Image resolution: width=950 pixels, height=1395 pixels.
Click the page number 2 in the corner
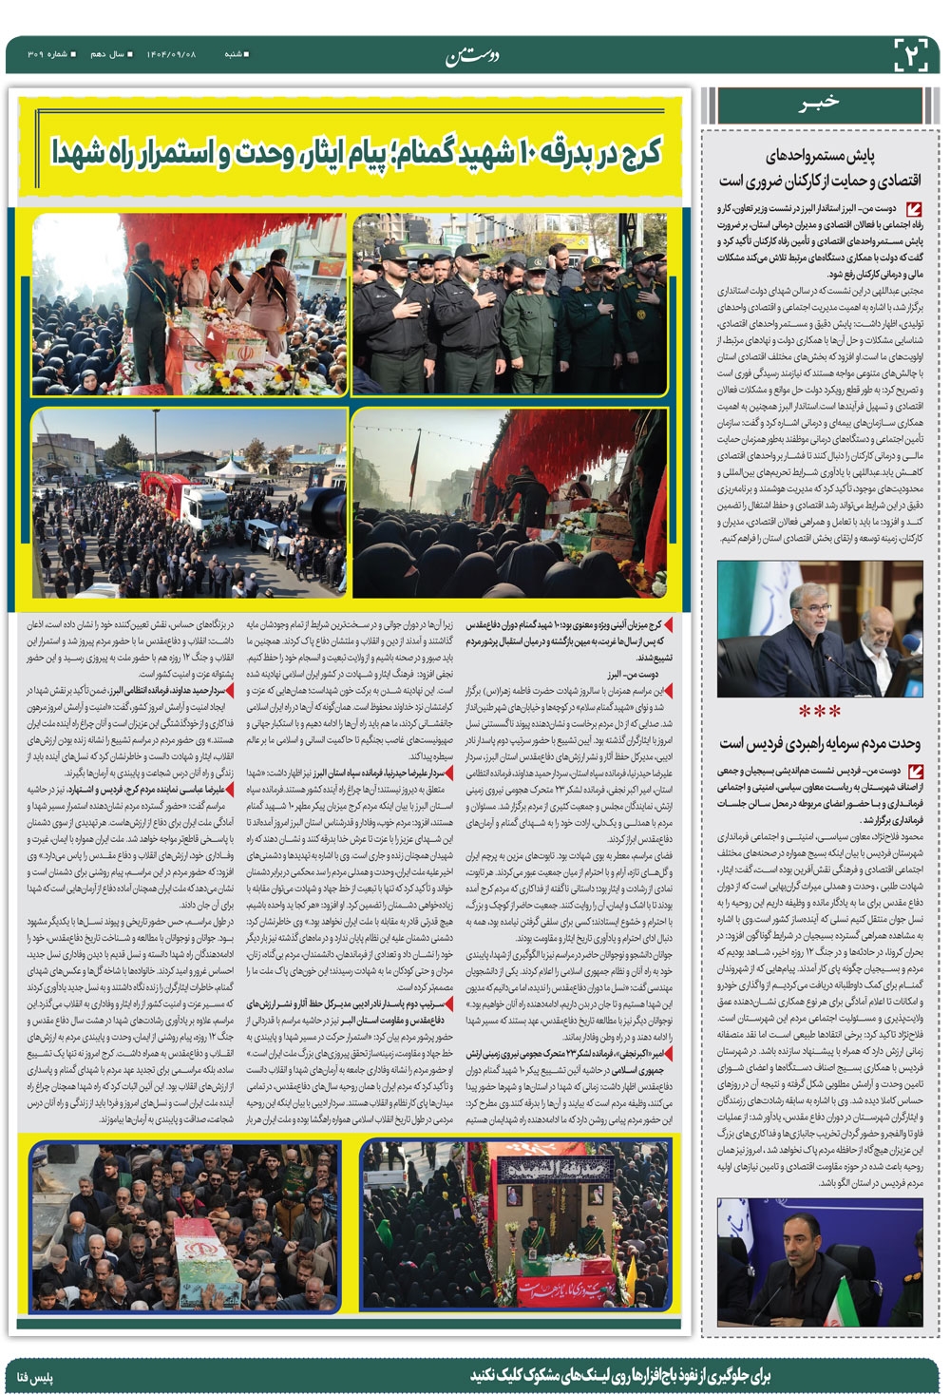[x=914, y=54]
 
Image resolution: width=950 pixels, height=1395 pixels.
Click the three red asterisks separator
[x=818, y=710]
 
